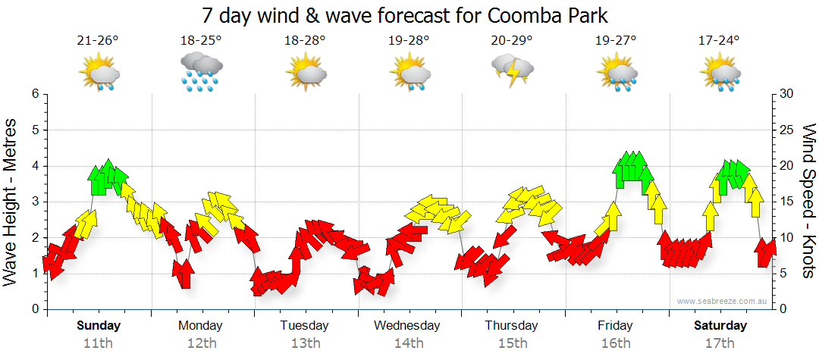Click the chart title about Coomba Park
pos(406,15)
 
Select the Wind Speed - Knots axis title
pos(808,201)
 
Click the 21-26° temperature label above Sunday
pos(98,40)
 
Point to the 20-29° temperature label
pos(511,40)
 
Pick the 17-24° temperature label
pos(719,40)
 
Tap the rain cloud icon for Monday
pos(201,72)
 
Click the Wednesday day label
pos(407,326)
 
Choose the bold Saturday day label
pos(721,326)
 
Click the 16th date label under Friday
pos(615,343)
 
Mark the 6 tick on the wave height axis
pos(35,94)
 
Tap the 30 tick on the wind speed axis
pos(789,94)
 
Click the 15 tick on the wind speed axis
pos(789,202)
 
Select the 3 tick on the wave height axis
pos(35,202)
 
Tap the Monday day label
pos(200,326)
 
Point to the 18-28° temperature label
pos(305,40)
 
